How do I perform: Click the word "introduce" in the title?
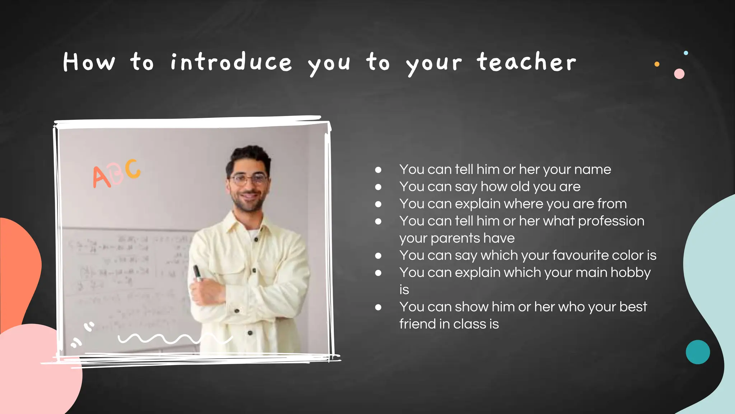coord(231,62)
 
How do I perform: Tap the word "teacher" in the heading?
coord(526,62)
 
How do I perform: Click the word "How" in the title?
coord(89,62)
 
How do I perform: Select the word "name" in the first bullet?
coord(593,169)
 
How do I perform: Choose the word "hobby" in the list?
coord(631,273)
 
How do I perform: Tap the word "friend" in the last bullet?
coord(417,324)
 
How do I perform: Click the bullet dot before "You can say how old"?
coord(378,187)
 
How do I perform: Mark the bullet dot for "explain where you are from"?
coord(378,204)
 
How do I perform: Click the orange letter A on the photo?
coord(101,177)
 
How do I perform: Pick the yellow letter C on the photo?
coord(133,169)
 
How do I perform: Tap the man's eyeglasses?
coord(249,179)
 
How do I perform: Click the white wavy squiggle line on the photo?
coord(172,339)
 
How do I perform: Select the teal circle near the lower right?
coord(698,352)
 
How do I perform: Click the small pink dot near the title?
coord(679,74)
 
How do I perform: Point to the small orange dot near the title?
coord(657,64)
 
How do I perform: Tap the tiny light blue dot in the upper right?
coord(686,53)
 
